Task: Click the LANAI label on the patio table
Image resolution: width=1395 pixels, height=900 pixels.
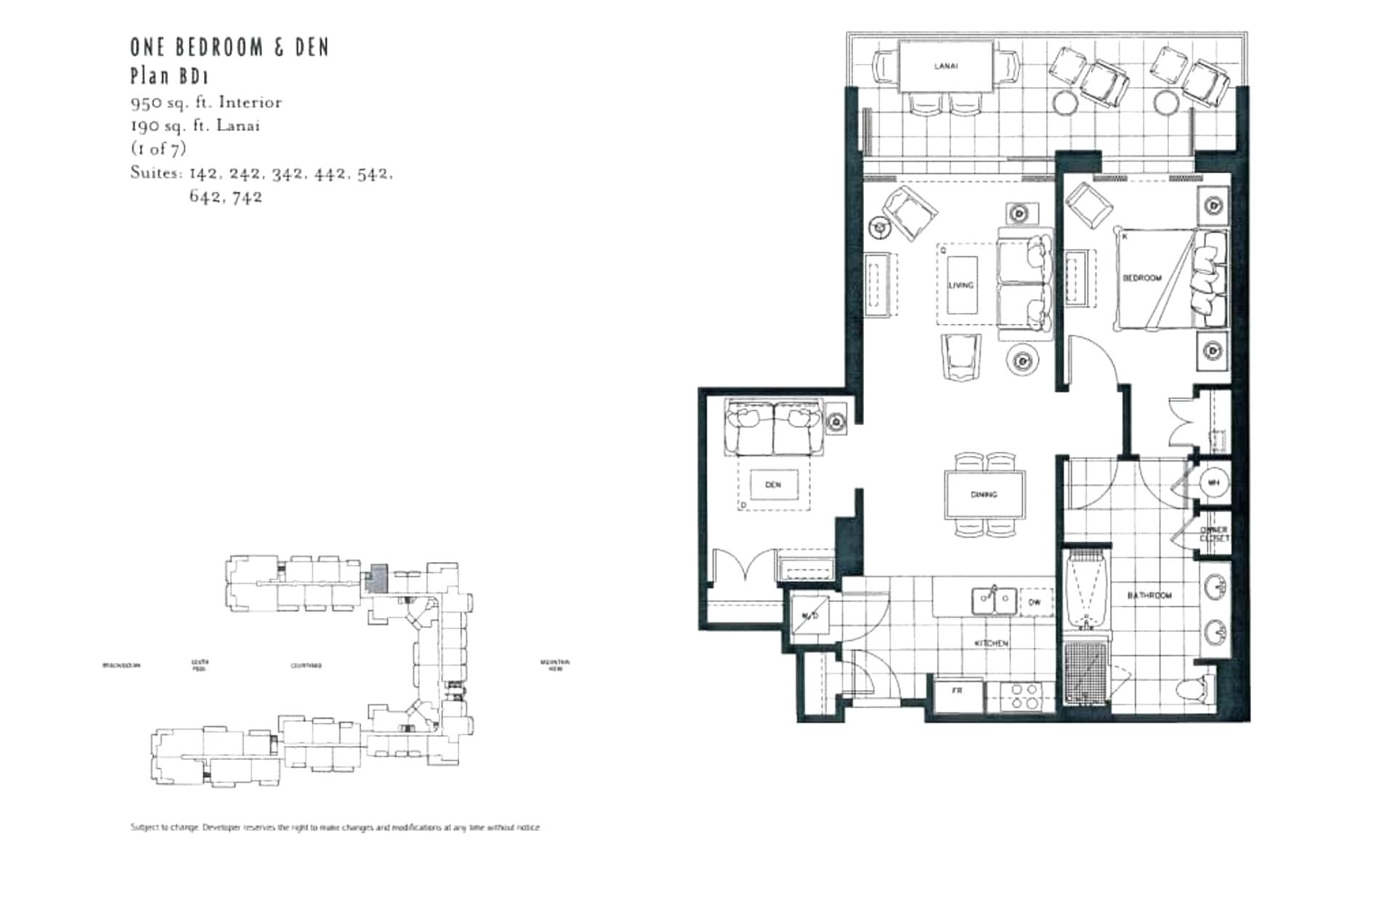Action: [945, 66]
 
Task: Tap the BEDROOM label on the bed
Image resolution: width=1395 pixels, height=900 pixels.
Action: [1141, 278]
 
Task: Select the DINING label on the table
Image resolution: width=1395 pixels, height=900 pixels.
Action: [984, 495]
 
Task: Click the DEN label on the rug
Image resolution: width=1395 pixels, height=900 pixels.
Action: [772, 485]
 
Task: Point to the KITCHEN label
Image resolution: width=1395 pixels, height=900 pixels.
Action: [991, 644]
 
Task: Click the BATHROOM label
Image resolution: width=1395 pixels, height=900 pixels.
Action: [1149, 596]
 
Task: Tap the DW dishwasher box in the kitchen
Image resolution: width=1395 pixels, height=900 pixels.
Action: [1035, 602]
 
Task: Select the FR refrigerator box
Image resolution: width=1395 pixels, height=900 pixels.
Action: [958, 692]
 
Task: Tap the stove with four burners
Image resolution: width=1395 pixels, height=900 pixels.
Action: [1023, 697]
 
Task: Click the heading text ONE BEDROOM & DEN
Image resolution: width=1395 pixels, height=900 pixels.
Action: [230, 48]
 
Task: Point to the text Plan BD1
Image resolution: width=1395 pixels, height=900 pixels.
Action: [169, 76]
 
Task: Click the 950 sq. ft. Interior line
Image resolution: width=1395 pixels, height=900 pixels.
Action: [206, 102]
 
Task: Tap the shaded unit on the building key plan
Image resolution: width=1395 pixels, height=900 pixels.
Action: [376, 579]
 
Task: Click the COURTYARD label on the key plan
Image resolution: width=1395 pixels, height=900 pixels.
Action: [306, 665]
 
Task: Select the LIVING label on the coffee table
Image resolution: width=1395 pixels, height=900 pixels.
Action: [961, 285]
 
